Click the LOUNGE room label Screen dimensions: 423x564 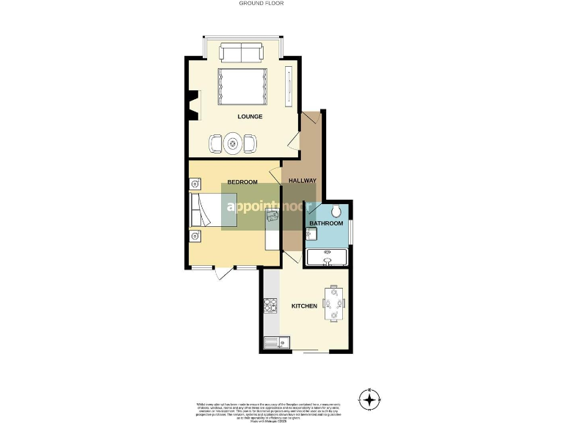[x=250, y=117]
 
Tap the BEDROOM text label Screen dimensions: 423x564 [x=242, y=182]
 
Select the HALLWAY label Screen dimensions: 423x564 [x=302, y=181]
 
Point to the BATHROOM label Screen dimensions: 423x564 [x=325, y=223]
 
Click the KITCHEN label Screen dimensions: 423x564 [x=304, y=305]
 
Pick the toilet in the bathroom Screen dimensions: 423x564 [x=336, y=211]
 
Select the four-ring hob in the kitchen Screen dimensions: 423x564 [x=270, y=304]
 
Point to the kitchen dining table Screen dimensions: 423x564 [x=335, y=302]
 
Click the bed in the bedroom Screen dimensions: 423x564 [x=209, y=211]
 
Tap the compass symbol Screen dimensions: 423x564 [x=369, y=400]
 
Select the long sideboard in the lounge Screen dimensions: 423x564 [x=288, y=87]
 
